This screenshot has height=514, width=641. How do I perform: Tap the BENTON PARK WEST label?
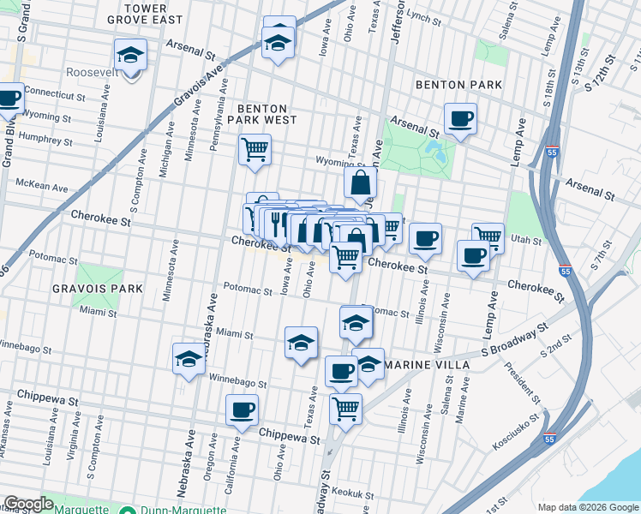[x=267, y=114]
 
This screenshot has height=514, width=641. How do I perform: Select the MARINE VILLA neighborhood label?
[x=428, y=365]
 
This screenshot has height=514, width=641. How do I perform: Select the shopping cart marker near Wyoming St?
[x=255, y=149]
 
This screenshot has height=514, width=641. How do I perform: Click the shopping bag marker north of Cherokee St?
[x=361, y=182]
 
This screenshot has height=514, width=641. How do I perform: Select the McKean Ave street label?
[x=42, y=186]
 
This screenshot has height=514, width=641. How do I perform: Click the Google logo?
[x=28, y=504]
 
